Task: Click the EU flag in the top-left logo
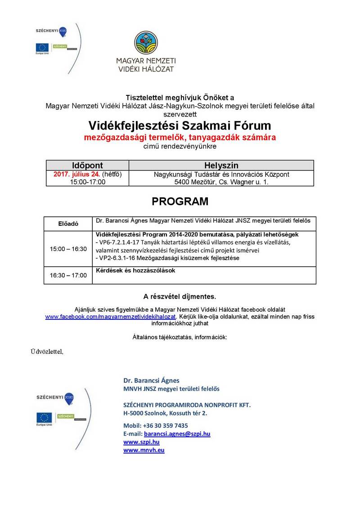43,47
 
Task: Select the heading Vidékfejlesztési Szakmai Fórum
180,125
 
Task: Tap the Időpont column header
87,165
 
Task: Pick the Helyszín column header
221,165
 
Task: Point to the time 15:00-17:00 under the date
87,182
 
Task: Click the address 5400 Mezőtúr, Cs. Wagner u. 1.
221,182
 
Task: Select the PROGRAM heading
180,201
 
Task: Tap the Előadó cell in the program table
68,223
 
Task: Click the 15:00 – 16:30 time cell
68,249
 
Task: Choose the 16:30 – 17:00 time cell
68,275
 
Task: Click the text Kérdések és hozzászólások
135,271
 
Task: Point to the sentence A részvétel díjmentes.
180,297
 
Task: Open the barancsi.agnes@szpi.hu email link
177,434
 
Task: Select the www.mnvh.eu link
144,450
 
